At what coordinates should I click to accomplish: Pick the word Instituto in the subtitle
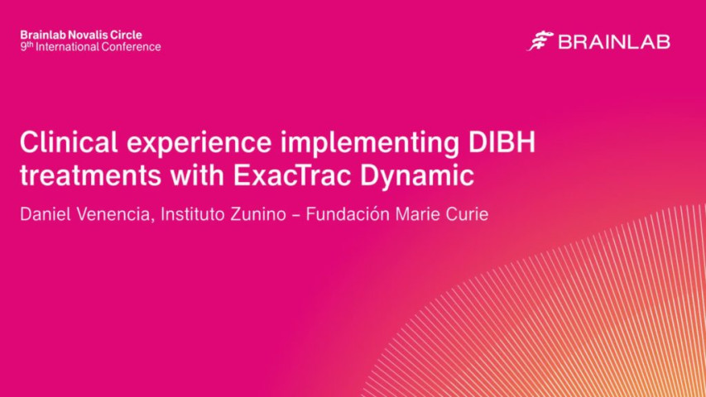[195, 215]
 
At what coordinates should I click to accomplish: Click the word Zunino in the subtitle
[267, 215]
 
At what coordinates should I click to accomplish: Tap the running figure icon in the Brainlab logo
[540, 41]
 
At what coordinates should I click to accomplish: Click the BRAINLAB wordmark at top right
[613, 41]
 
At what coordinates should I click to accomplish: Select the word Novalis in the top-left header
[85, 35]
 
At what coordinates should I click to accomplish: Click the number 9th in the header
[25, 47]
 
